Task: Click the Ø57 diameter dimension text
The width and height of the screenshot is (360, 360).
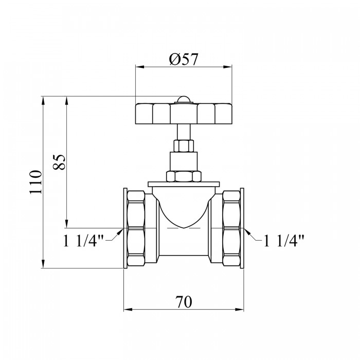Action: [x=183, y=59]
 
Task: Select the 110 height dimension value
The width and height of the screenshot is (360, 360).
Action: [x=35, y=182]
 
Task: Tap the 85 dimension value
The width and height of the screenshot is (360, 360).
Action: [x=59, y=162]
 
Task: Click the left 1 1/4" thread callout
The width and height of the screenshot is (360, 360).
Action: [x=84, y=241]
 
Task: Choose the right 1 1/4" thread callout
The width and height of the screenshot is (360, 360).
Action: [x=284, y=241]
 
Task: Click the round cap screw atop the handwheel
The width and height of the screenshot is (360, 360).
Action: [x=184, y=100]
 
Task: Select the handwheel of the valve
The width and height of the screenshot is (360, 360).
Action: [x=184, y=114]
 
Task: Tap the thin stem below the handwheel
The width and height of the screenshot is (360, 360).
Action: [x=184, y=132]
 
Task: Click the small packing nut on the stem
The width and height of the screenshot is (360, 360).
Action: [x=184, y=146]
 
